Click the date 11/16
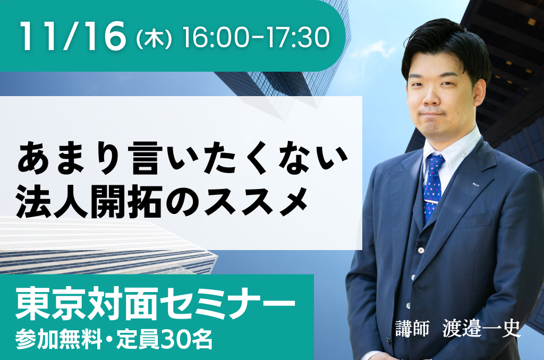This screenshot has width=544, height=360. pos(73,36)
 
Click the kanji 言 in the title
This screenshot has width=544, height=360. pos(148,157)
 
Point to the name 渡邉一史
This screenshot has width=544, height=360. pos(481,328)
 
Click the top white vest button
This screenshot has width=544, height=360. pos(421,250)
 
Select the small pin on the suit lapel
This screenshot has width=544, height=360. pos(477,184)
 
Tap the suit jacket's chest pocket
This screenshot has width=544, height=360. pos(473,222)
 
